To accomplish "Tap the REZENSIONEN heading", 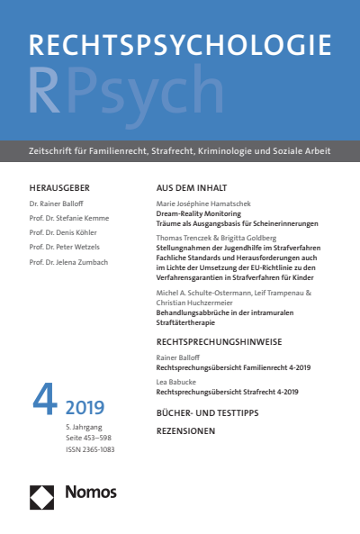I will coord(186,430).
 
